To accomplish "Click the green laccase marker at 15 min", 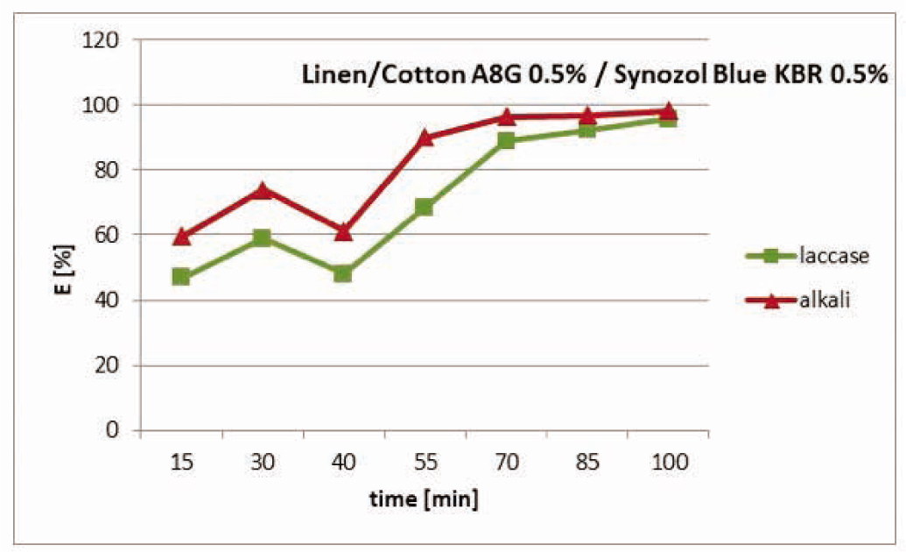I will (181, 277).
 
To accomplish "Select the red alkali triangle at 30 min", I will (262, 190).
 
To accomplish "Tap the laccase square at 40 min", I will (342, 273).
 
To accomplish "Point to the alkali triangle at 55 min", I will (424, 138).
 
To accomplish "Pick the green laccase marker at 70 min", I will (505, 140).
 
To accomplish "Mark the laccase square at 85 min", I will (586, 130).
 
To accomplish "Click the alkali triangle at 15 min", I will (181, 236).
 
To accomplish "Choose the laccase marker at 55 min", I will (424, 207).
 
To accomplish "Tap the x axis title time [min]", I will (424, 500).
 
